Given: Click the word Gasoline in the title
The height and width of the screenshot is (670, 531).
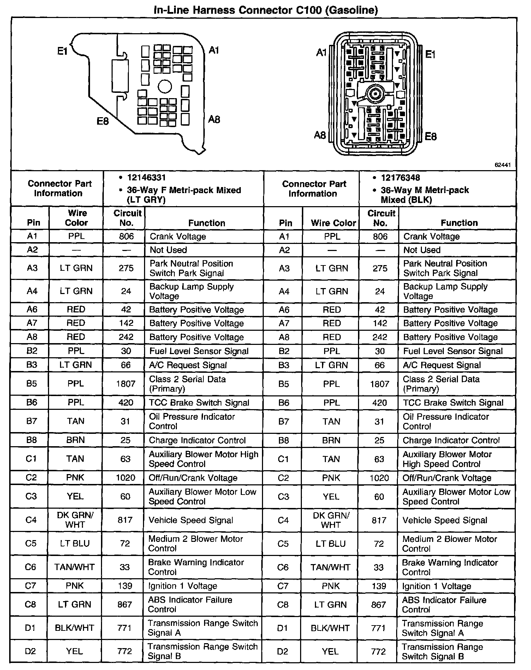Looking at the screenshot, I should (x=352, y=10).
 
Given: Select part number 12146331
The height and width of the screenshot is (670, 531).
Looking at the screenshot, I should (x=147, y=178).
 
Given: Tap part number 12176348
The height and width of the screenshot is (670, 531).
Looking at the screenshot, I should (x=400, y=178).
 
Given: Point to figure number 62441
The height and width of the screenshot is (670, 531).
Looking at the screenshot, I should (x=503, y=165).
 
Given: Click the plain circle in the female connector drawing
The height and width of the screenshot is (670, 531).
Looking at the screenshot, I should (x=165, y=86).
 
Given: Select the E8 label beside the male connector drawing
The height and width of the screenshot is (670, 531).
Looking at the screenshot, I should (x=431, y=137).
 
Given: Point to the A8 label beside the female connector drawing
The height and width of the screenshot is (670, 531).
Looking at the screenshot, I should (x=214, y=120).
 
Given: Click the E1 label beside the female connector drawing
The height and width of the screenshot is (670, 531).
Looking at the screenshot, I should (x=62, y=52).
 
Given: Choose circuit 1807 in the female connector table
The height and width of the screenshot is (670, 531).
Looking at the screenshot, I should (x=126, y=384).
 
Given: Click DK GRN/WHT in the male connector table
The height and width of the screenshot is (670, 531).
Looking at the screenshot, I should (x=331, y=520).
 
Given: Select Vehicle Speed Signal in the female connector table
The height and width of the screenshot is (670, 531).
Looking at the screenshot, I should (x=191, y=520).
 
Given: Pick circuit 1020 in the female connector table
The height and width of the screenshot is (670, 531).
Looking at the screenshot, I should (x=125, y=478).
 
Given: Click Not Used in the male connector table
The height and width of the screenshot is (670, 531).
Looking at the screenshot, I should (x=422, y=250).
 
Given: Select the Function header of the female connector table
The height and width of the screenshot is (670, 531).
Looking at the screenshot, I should (x=207, y=223).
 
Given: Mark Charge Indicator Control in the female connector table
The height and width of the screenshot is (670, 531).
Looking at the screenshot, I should (x=197, y=440).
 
